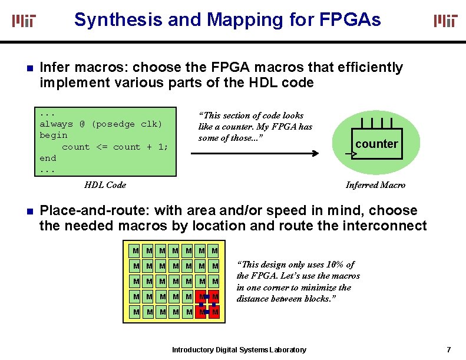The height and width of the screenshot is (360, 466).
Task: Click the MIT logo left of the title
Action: pos(24,21)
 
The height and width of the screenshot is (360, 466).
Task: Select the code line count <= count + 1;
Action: pos(114,147)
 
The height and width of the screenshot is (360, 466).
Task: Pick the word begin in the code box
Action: pos(53,135)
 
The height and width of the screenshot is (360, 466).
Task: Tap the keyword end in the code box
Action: pos(48,158)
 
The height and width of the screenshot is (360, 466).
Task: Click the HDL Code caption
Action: pos(105,185)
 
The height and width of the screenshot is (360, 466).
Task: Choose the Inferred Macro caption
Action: pos(375,185)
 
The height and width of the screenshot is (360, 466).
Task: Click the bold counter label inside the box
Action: pos(376,144)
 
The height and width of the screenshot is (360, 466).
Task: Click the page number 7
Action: pos(448,350)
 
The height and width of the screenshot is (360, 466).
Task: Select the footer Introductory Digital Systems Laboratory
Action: pos(239,350)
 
